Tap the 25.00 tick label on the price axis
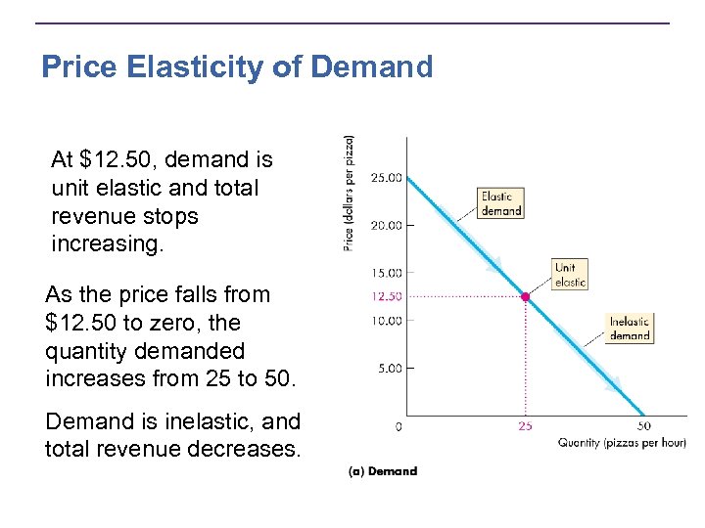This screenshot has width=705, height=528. (385, 178)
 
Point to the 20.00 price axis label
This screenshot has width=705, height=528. (385, 225)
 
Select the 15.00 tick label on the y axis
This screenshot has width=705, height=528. (385, 273)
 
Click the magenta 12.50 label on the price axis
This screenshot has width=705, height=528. (385, 296)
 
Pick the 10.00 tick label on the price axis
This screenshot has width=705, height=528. (385, 321)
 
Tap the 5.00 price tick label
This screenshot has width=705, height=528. (387, 369)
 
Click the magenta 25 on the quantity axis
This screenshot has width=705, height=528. (526, 427)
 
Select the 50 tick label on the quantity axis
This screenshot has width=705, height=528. (643, 427)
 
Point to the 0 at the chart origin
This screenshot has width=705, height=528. (399, 427)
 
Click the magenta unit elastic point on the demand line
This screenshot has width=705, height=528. (526, 296)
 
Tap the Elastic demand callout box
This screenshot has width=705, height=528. (500, 203)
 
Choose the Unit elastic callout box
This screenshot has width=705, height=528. (570, 275)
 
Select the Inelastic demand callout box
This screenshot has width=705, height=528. (629, 329)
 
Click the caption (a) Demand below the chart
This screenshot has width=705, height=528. (382, 471)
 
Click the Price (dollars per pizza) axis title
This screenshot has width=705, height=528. (350, 194)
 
